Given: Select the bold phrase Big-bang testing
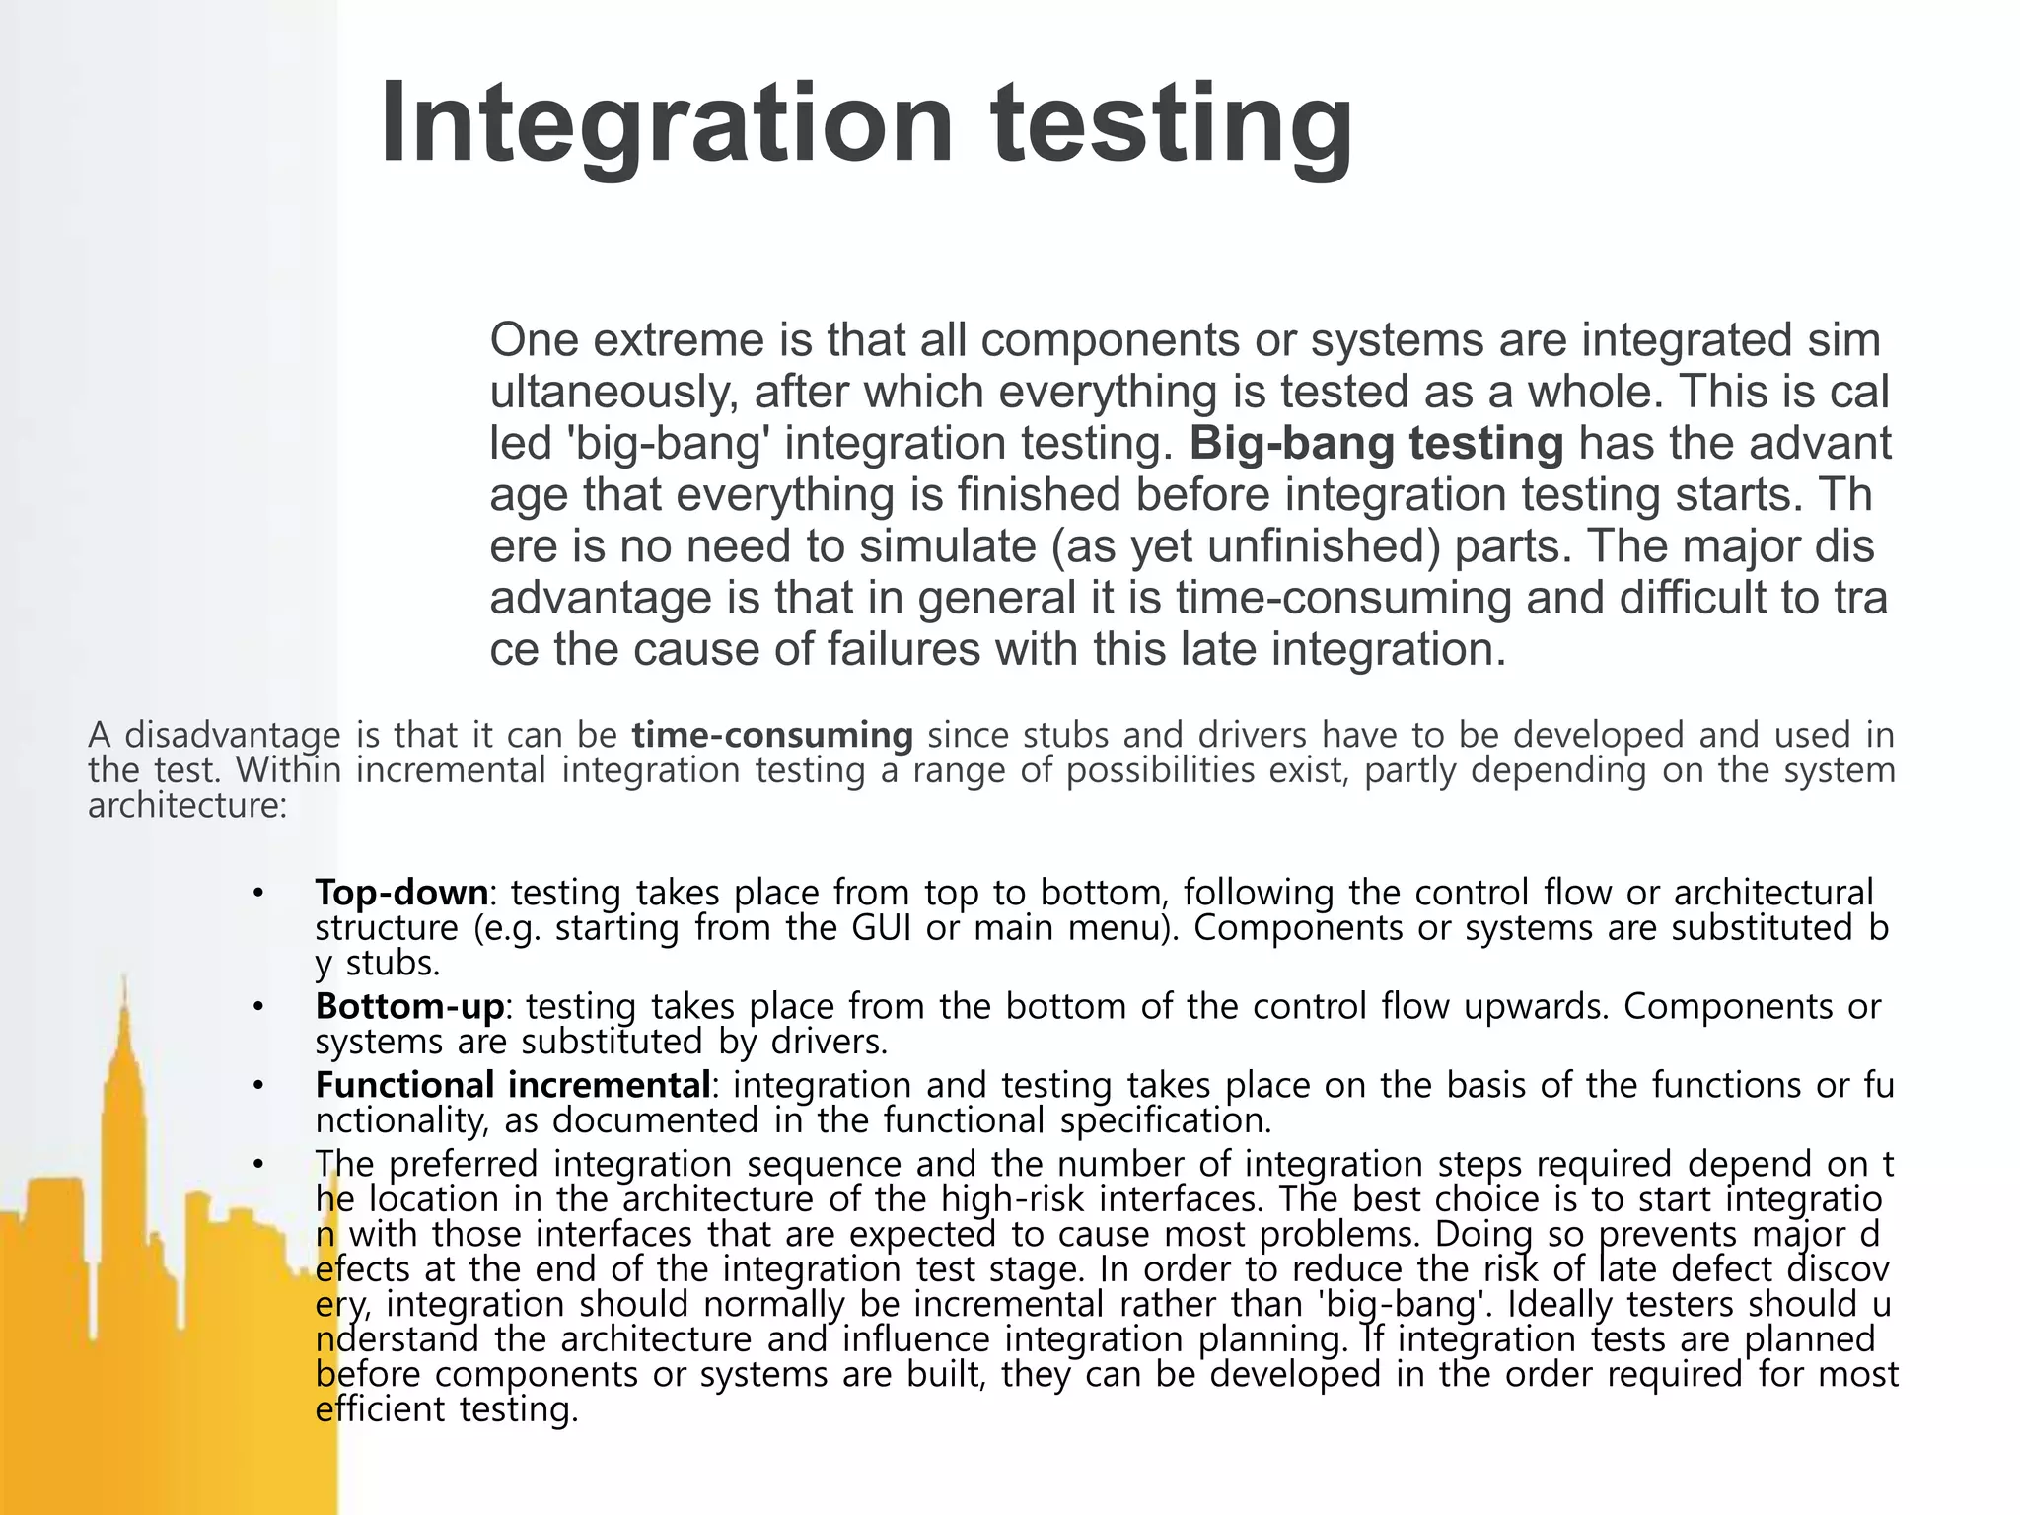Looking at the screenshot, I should pos(1376,444).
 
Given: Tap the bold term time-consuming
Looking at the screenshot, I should pos(772,735).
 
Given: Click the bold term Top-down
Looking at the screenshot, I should pos(401,893).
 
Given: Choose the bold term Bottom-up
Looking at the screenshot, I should pos(409,1007).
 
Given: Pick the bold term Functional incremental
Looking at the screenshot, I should pos(513,1085).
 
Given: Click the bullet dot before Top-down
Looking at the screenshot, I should pos(258,894).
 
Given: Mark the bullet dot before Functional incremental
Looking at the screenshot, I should pos(258,1086).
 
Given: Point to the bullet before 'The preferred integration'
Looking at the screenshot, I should pos(258,1165).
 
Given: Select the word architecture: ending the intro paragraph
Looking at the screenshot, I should pos(187,806).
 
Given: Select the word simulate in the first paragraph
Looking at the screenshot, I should pos(945,546).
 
